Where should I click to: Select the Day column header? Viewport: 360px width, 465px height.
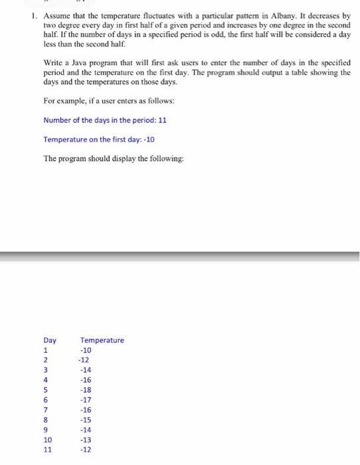pos(50,340)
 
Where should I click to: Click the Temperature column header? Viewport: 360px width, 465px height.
pos(102,340)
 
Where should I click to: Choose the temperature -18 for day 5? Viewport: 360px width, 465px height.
pos(86,390)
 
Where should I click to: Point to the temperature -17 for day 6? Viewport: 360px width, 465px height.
pos(86,400)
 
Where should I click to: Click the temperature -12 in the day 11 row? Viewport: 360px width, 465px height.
pos(86,450)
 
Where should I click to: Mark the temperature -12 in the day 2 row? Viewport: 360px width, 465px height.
pos(84,360)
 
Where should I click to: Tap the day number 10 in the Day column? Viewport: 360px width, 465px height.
pos(48,440)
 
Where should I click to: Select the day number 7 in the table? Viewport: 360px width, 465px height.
pos(46,410)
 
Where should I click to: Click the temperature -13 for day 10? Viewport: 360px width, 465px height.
pos(86,440)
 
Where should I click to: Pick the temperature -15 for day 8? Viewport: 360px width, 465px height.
pos(86,420)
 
